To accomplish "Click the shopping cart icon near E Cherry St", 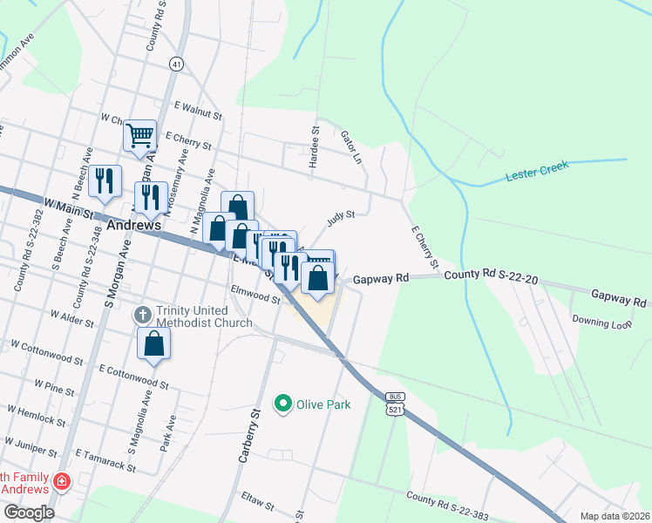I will (x=139, y=136).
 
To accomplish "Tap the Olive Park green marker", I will (x=282, y=403).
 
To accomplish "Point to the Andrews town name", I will (x=137, y=225).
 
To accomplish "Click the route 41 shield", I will (x=177, y=65).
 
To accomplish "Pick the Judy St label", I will (x=341, y=217).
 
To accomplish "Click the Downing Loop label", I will (x=601, y=322).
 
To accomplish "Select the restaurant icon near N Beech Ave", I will (x=105, y=181).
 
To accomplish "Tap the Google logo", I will (x=29, y=512).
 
